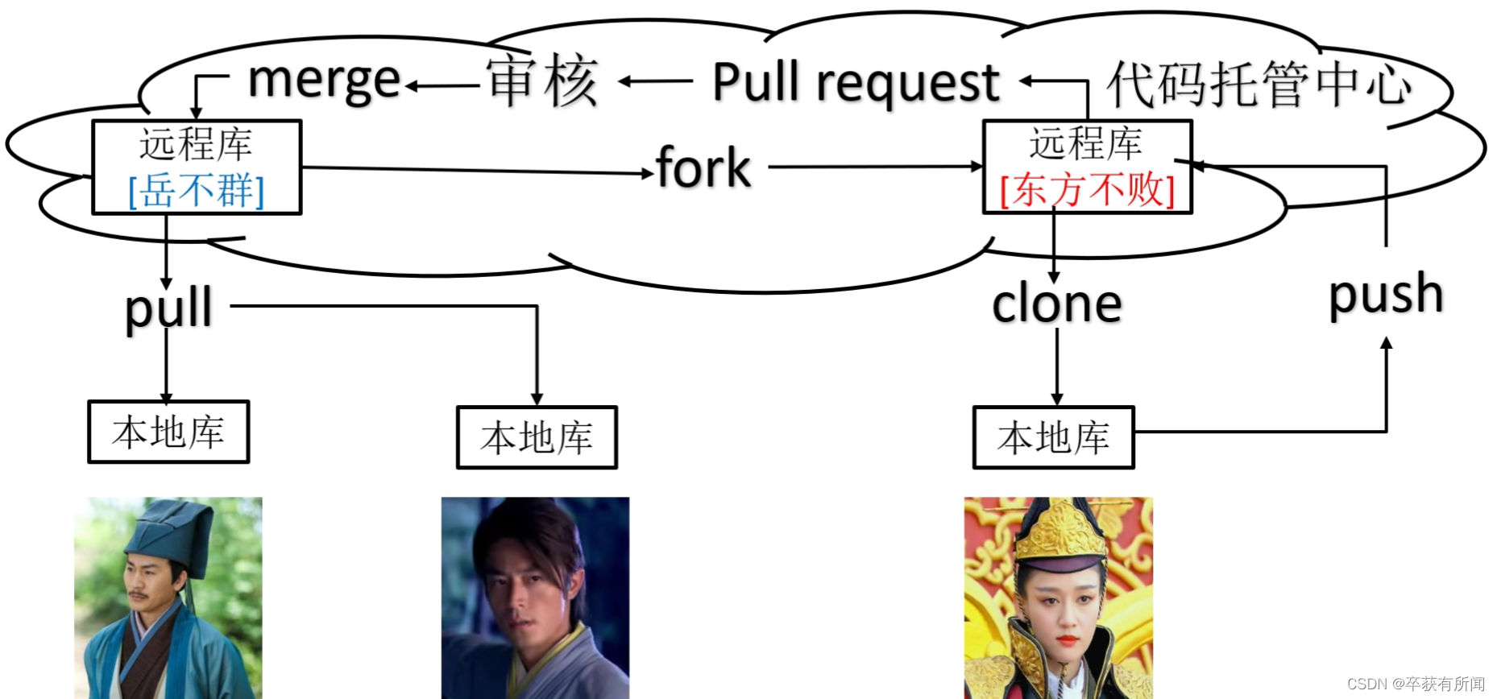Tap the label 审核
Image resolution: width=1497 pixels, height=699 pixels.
542,81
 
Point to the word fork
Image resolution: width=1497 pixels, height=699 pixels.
703,168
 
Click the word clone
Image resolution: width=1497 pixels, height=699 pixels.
1057,304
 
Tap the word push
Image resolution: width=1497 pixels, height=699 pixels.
1386,295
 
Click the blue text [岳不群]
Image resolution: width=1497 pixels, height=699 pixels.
197,191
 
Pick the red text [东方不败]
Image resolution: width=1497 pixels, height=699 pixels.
1087,190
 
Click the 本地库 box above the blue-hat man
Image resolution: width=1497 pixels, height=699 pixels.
168,432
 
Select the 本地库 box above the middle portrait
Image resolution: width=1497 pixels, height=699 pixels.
537,437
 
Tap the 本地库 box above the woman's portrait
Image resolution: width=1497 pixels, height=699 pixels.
1054,437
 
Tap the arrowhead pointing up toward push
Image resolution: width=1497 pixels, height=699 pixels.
1387,343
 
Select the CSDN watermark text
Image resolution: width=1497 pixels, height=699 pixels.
1416,684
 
